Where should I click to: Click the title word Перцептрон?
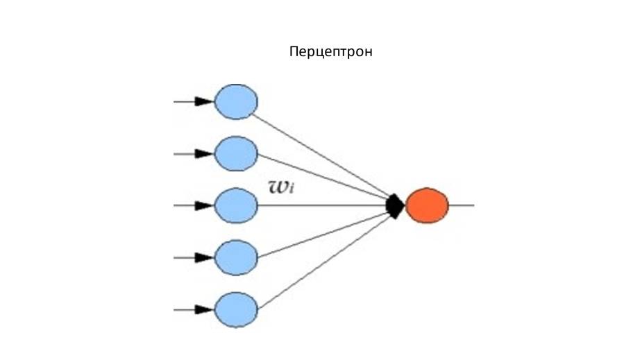coord(330,52)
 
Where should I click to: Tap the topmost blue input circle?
coord(236,102)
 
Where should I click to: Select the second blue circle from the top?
coord(236,154)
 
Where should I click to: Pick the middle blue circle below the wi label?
coord(236,205)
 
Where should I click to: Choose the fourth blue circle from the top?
coord(236,257)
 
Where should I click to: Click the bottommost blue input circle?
coord(236,309)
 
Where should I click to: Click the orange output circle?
coord(427,205)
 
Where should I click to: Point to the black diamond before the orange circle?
coord(395,205)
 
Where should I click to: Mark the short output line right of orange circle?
coord(462,205)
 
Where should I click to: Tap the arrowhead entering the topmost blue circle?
coord(203,102)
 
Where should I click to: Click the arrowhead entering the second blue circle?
coord(203,154)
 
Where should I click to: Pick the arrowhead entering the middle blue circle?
coord(203,205)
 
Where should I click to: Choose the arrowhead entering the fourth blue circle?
coord(203,257)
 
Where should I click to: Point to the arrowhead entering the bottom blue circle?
coord(203,309)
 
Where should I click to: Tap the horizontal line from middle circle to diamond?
coord(323,205)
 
